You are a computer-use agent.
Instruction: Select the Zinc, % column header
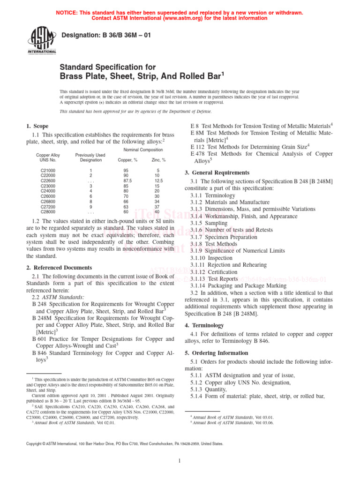click(x=158, y=160)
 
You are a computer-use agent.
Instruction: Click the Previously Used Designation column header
click(x=90, y=157)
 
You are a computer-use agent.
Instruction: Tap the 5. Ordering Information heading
click(x=216, y=353)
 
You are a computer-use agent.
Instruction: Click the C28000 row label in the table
click(x=48, y=211)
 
